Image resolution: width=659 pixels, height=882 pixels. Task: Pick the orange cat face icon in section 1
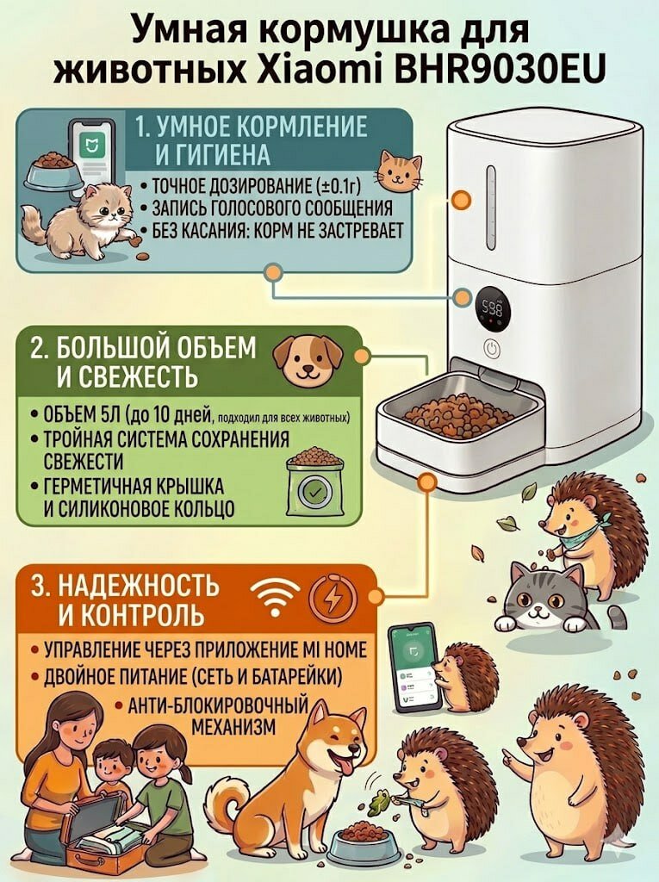401,171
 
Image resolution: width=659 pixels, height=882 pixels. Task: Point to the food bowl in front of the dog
363,842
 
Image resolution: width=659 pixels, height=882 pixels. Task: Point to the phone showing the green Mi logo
91,147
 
